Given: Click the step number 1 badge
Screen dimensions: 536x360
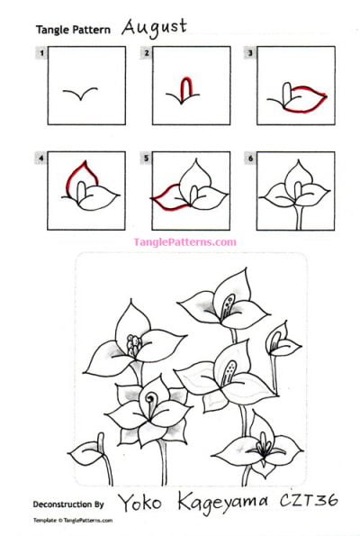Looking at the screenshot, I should tap(41, 54).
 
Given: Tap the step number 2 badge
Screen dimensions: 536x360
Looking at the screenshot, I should tap(146, 54).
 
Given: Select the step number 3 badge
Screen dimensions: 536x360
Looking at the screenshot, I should tap(250, 54).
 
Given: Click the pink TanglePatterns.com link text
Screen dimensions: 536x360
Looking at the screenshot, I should tap(184, 241).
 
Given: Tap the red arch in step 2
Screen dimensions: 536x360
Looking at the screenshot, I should tap(184, 87).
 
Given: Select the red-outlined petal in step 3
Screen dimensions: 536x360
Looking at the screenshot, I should tap(301, 97).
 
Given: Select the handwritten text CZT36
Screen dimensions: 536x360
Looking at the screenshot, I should tap(309, 500).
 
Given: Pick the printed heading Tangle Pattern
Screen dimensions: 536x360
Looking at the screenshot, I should tap(73, 30).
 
